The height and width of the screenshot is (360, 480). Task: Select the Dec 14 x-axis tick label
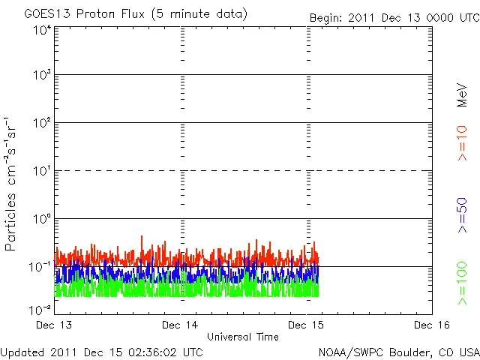(x=181, y=325)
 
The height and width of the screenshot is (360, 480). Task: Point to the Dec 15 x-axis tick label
(x=307, y=325)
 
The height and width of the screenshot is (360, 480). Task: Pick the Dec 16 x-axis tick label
(x=432, y=325)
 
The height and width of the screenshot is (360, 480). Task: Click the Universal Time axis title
(x=242, y=337)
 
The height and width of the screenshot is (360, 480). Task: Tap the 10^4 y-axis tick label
(x=41, y=30)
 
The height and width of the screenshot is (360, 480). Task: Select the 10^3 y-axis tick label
(x=41, y=76)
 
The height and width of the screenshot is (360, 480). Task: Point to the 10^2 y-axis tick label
(x=41, y=123)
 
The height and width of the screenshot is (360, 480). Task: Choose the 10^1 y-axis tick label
(x=41, y=171)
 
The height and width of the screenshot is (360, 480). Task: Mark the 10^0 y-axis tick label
(x=41, y=219)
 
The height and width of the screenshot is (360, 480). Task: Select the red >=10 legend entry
(x=463, y=145)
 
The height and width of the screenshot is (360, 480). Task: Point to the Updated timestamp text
(x=101, y=351)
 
